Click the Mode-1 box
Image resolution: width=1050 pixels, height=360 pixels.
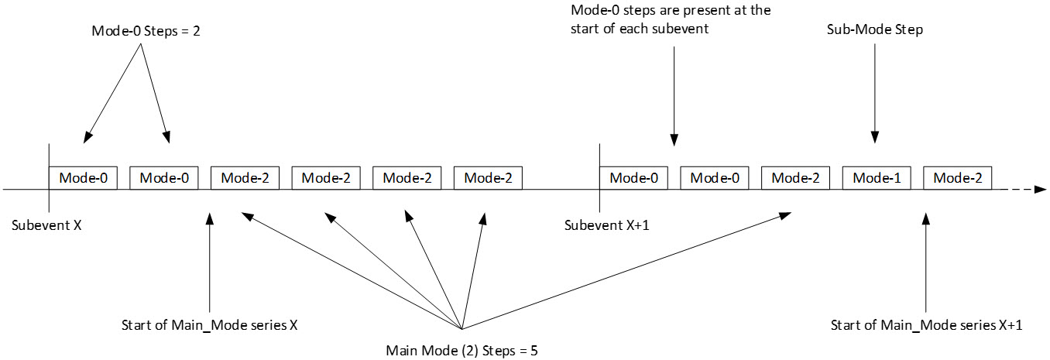pyautogui.click(x=877, y=178)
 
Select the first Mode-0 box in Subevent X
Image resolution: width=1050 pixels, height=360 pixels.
pyautogui.click(x=83, y=178)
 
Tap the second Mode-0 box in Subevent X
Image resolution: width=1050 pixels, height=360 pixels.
pyautogui.click(x=163, y=178)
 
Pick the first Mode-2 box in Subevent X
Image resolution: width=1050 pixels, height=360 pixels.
pyautogui.click(x=245, y=178)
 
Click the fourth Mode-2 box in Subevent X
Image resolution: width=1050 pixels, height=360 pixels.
pyautogui.click(x=488, y=178)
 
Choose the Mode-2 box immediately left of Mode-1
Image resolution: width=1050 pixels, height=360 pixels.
pyautogui.click(x=795, y=178)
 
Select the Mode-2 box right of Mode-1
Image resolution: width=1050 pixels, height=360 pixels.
pyautogui.click(x=957, y=178)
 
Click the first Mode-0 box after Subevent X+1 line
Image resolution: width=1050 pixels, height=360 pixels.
pyautogui.click(x=634, y=178)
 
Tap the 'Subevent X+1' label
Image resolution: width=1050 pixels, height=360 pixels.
pyautogui.click(x=602, y=225)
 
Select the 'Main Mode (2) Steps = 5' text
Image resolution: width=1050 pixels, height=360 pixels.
pyautogui.click(x=462, y=350)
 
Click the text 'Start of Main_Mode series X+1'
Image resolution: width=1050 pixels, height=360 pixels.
pyautogui.click(x=926, y=325)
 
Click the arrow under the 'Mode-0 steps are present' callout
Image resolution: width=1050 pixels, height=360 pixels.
pyautogui.click(x=674, y=93)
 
